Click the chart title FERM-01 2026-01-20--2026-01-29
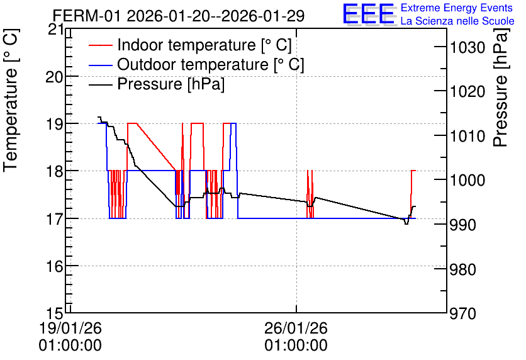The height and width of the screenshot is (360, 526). click(x=179, y=16)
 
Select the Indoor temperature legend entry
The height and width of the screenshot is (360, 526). click(x=190, y=45)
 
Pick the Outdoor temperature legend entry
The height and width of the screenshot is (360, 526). click(x=196, y=64)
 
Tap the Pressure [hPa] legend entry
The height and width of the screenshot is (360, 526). click(x=157, y=84)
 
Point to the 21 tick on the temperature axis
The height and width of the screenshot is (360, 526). click(x=56, y=30)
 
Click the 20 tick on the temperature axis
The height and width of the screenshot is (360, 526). click(x=54, y=77)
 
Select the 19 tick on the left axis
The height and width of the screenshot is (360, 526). click(x=54, y=124)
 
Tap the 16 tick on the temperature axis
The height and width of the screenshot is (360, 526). click(x=54, y=266)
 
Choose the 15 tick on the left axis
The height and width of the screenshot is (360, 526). click(x=54, y=313)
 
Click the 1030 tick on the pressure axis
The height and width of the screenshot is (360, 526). click(x=467, y=47)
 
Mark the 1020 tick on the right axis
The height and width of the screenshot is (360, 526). click(x=467, y=92)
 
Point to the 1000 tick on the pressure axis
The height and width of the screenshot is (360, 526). click(x=467, y=181)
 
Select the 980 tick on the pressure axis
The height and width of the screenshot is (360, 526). click(x=462, y=269)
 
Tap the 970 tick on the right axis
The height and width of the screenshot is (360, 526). click(x=462, y=314)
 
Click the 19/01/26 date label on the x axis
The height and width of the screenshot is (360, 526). click(x=70, y=337)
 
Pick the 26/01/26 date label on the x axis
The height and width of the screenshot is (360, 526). click(x=296, y=337)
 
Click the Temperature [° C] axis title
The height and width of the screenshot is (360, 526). click(x=11, y=101)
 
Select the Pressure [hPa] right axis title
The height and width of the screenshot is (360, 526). click(x=501, y=87)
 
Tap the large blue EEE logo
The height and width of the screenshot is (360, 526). click(x=369, y=14)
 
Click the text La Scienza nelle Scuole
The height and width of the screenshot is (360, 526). click(x=457, y=21)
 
